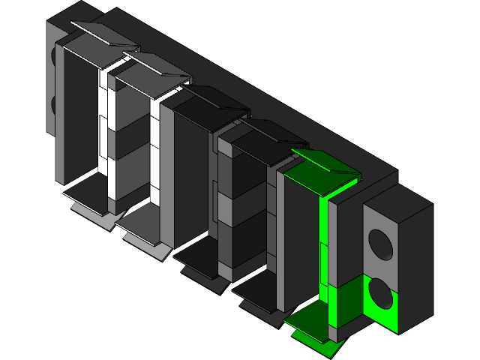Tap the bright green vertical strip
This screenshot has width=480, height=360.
324,247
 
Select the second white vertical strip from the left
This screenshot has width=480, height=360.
156,150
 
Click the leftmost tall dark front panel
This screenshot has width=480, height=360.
79,112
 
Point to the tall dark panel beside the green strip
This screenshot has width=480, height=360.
300,240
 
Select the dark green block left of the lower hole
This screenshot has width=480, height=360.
346,300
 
